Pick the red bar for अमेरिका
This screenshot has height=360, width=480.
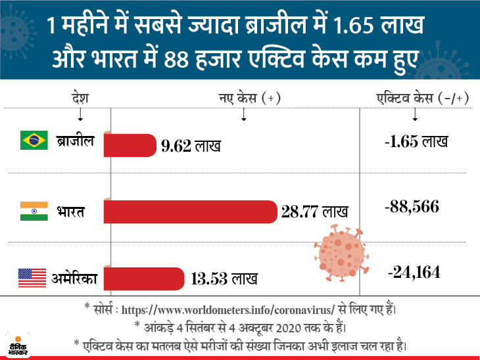coord(143,278)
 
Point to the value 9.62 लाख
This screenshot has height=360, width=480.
coord(191,146)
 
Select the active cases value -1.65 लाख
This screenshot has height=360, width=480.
coord(416,141)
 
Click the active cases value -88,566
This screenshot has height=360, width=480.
coord(412,208)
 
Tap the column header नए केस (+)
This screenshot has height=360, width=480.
coord(249,98)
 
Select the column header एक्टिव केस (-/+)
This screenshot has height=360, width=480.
coord(414,98)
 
